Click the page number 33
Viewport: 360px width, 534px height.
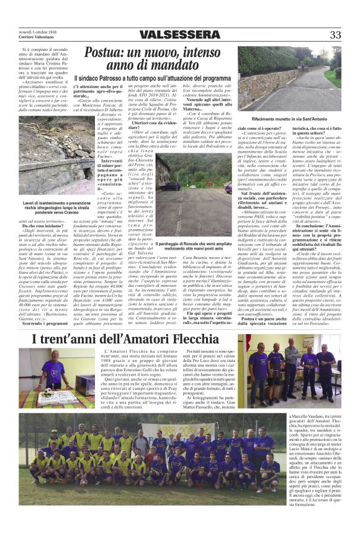[336, 35]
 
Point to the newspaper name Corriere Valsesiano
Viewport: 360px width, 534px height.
[37, 38]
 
